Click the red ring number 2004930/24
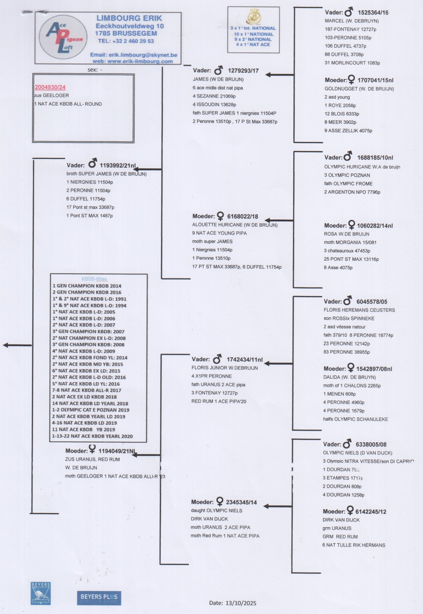tap(50, 87)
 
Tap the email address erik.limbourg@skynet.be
tap(143, 55)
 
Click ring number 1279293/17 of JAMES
tap(243, 71)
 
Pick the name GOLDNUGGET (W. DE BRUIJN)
tap(359, 89)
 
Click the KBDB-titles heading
tap(94, 279)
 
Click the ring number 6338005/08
tap(371, 444)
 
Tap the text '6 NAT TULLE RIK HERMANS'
tap(354, 545)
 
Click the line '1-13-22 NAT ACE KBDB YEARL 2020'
tap(92, 436)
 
